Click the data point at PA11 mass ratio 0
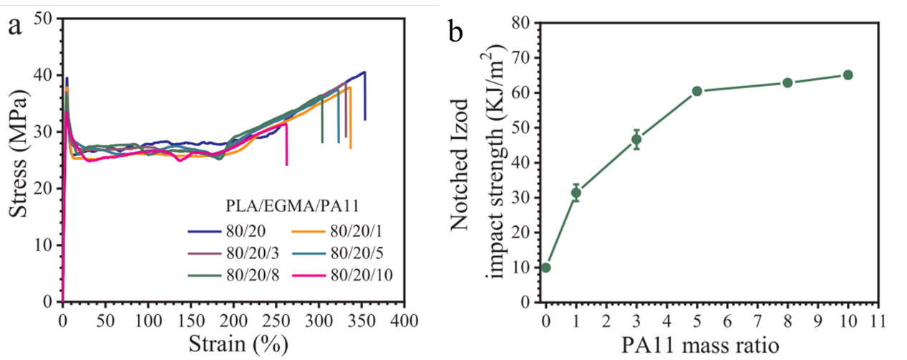coord(545,268)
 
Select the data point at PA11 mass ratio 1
coord(576,193)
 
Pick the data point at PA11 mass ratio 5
coord(697,91)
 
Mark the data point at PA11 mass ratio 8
coord(787,82)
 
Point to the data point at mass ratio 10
coord(848,75)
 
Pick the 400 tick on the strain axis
coord(404,318)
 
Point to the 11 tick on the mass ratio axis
coord(878,318)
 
